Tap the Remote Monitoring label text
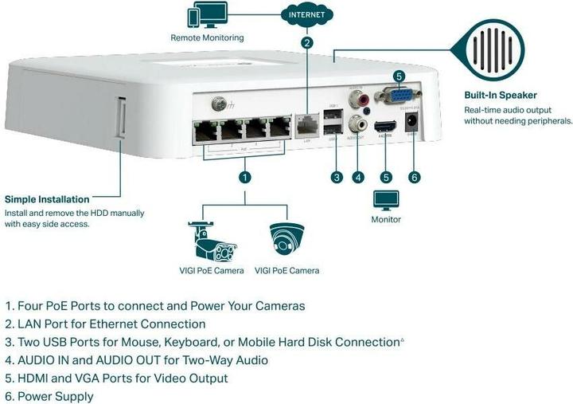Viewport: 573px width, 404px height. (207, 37)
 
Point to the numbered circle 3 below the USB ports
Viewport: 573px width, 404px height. (337, 176)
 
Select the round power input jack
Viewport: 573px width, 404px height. (413, 122)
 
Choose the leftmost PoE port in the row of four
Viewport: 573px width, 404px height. (205, 130)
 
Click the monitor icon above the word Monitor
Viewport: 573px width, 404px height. (387, 199)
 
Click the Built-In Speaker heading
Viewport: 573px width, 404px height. (501, 95)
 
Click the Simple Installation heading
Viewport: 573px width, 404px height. (47, 199)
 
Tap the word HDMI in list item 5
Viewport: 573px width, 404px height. (33, 378)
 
